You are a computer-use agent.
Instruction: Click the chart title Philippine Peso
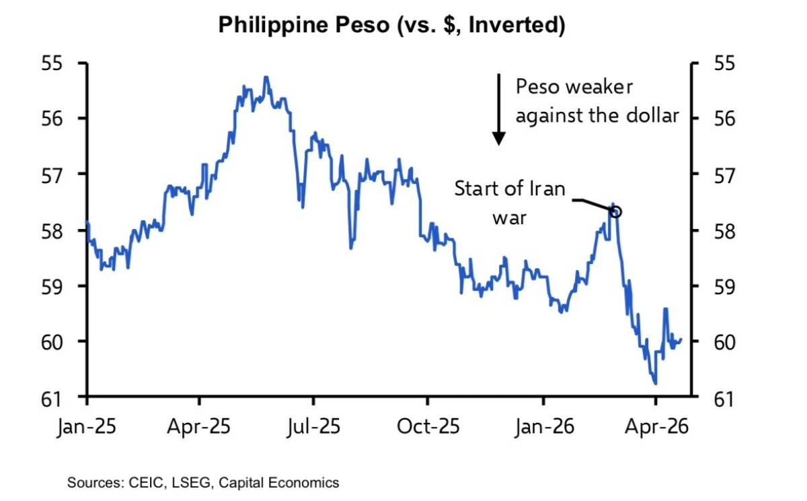click(391, 26)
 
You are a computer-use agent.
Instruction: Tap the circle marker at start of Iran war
click(616, 211)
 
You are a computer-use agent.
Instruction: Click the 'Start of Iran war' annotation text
click(510, 202)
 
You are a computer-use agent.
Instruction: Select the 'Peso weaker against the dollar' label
click(597, 101)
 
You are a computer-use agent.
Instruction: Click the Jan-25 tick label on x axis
click(88, 426)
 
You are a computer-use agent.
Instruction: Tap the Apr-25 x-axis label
click(200, 426)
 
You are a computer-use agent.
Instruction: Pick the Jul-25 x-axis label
click(313, 426)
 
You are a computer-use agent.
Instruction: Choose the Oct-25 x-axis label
click(428, 426)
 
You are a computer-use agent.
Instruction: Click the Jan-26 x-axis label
click(543, 426)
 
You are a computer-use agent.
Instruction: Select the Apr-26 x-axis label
click(656, 426)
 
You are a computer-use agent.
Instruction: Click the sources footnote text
click(203, 483)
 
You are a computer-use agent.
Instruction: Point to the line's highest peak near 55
click(266, 77)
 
